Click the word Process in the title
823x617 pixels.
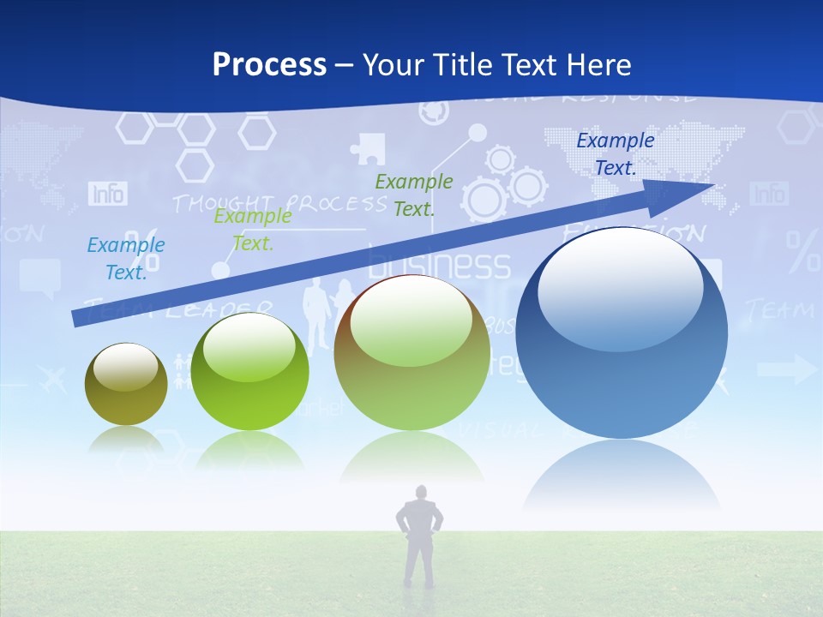[x=269, y=65]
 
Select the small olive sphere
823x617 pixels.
[x=126, y=384]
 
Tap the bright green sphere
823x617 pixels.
[x=249, y=371]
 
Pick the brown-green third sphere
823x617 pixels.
[x=411, y=353]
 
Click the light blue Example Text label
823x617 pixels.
[x=126, y=259]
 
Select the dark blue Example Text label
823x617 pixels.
[x=615, y=154]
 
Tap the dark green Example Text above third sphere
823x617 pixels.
[x=414, y=195]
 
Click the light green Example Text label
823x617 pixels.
[x=252, y=230]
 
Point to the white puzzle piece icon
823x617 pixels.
[x=369, y=148]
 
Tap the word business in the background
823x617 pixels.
[x=439, y=265]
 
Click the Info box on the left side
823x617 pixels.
[x=108, y=194]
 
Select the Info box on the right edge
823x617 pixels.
[x=769, y=194]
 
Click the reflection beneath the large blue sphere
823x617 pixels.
[x=622, y=476]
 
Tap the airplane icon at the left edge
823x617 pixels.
[x=51, y=377]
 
